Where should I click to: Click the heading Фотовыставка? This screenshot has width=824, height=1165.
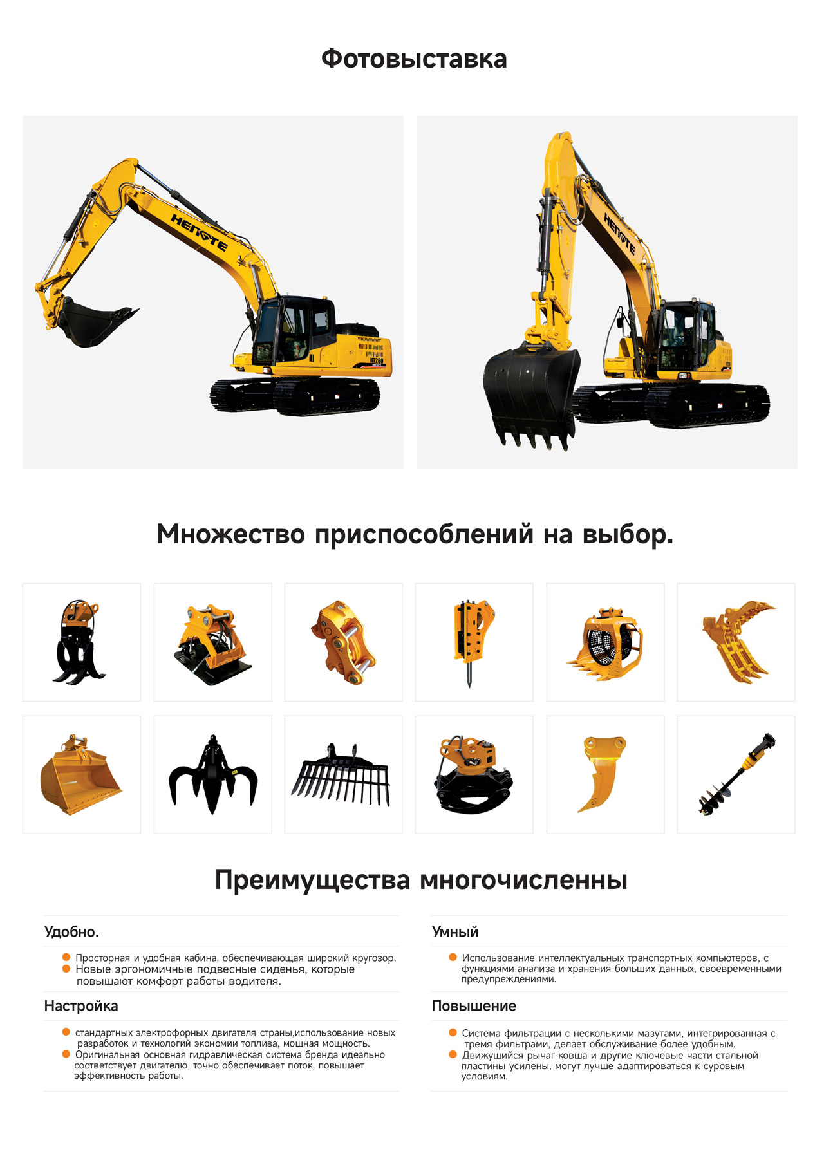tap(414, 59)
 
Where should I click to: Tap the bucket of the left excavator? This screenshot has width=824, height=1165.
tap(93, 322)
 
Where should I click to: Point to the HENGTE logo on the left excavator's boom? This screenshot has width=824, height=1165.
tap(199, 232)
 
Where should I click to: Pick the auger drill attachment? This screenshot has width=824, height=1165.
tap(737, 774)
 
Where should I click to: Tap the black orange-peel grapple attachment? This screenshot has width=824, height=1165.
tap(213, 774)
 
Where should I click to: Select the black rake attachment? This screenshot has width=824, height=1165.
tap(341, 774)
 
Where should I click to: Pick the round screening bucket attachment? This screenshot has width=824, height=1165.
tap(604, 642)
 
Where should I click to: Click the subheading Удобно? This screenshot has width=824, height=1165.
tap(71, 932)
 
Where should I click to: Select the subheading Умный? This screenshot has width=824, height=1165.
tap(455, 932)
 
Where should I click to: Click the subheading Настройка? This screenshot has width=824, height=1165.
tap(81, 1006)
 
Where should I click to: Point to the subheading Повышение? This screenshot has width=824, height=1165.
tap(474, 1006)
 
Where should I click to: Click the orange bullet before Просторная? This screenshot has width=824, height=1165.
tap(66, 958)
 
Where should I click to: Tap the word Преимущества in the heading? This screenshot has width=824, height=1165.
tap(312, 881)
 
